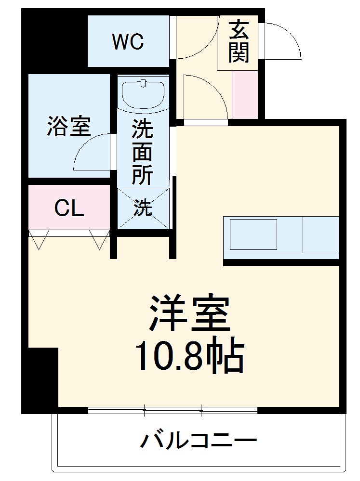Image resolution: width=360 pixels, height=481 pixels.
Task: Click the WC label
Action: (128, 42)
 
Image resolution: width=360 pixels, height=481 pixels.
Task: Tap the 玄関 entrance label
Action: (239, 42)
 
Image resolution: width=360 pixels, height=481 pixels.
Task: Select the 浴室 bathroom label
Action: (68, 126)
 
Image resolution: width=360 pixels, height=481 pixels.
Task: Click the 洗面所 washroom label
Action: (143, 153)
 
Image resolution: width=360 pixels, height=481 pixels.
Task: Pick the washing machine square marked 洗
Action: (143, 208)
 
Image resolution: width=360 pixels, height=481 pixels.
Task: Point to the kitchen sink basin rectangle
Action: (253, 234)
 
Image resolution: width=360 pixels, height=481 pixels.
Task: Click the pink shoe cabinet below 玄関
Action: (245, 94)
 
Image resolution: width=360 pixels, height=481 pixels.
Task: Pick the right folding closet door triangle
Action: (100, 239)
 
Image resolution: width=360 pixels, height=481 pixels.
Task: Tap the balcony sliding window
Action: (173, 411)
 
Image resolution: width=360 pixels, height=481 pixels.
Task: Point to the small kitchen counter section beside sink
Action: (320, 234)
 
